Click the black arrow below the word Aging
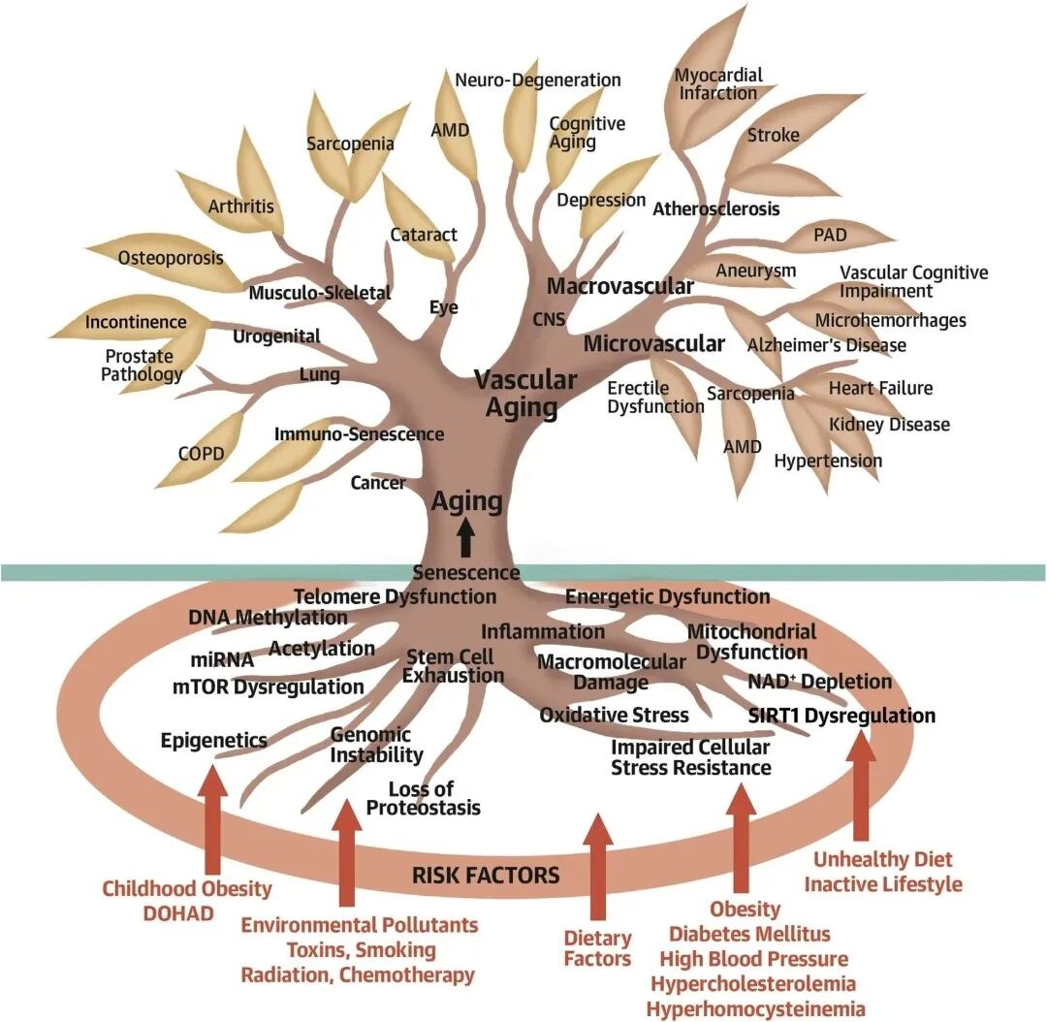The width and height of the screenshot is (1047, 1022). [466, 538]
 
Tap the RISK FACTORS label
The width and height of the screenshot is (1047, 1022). [486, 875]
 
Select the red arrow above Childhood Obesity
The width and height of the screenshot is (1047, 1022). [213, 820]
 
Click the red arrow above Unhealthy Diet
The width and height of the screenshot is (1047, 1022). [862, 785]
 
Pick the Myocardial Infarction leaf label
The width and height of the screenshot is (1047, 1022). [718, 83]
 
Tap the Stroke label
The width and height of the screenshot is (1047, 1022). [774, 135]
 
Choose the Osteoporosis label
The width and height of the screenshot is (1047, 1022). [171, 258]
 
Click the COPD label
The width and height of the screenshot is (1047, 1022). [201, 454]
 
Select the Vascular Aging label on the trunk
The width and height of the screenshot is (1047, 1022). [524, 394]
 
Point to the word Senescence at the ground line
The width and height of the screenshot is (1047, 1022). [466, 572]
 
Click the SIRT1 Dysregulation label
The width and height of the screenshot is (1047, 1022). [841, 716]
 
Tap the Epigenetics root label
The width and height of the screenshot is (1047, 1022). [213, 740]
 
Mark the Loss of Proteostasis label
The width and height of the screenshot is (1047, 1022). [423, 798]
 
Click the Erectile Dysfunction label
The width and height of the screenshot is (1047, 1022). [655, 398]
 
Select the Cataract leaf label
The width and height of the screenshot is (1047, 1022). [424, 235]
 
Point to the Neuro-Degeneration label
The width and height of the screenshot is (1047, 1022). [537, 80]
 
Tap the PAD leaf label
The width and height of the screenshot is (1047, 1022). [830, 235]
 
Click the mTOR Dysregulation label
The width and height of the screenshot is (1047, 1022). [268, 687]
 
